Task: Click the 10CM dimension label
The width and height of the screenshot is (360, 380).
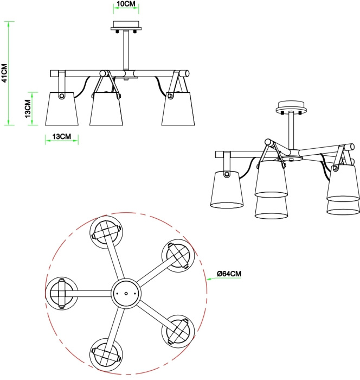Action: pos(126,4)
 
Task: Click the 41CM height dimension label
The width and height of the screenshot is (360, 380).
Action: pos(4,73)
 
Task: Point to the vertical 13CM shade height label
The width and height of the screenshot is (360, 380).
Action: pos(28,109)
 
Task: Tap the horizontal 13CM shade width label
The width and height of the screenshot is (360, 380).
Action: pos(62,136)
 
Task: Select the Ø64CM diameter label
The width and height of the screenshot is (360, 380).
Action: pos(229,274)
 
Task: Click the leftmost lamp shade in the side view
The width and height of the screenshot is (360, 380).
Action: pos(62,109)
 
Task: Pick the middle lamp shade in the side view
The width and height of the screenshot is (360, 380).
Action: pos(106,109)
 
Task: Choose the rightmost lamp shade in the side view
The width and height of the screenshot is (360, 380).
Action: pos(178,109)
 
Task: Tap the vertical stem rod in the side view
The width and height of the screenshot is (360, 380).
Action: pos(126,50)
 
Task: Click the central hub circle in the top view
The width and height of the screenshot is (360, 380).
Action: pos(126,294)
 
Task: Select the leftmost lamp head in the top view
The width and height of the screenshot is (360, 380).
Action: pos(61,293)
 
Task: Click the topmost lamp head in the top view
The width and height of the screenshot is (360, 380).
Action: pos(106,232)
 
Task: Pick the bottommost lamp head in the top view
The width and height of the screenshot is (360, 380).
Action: pos(106,354)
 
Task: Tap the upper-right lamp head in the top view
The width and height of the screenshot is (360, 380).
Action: pos(178,256)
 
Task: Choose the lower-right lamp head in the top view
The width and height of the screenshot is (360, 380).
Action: pos(178,331)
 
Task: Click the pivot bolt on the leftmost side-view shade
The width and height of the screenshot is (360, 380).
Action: pos(62,96)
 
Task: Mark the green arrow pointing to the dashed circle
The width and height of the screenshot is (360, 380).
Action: pos(224,278)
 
